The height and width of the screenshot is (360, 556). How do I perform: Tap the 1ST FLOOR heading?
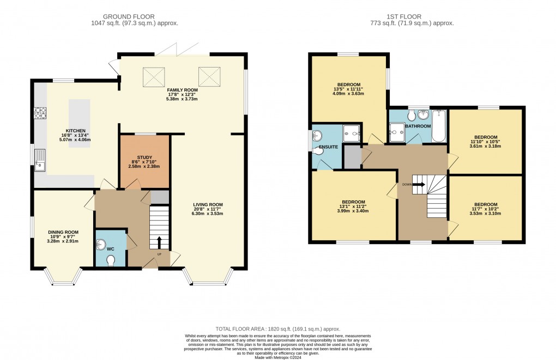coord(418,16)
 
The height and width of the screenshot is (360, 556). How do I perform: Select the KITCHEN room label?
coord(75,131)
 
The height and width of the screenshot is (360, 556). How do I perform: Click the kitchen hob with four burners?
coord(41,113)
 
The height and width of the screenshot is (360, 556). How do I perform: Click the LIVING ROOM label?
coord(208,205)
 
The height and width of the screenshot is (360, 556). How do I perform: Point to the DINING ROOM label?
coord(63,232)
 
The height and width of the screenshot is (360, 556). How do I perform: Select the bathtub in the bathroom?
coord(439,126)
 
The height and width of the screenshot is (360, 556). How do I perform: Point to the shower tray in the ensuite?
coord(352,131)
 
